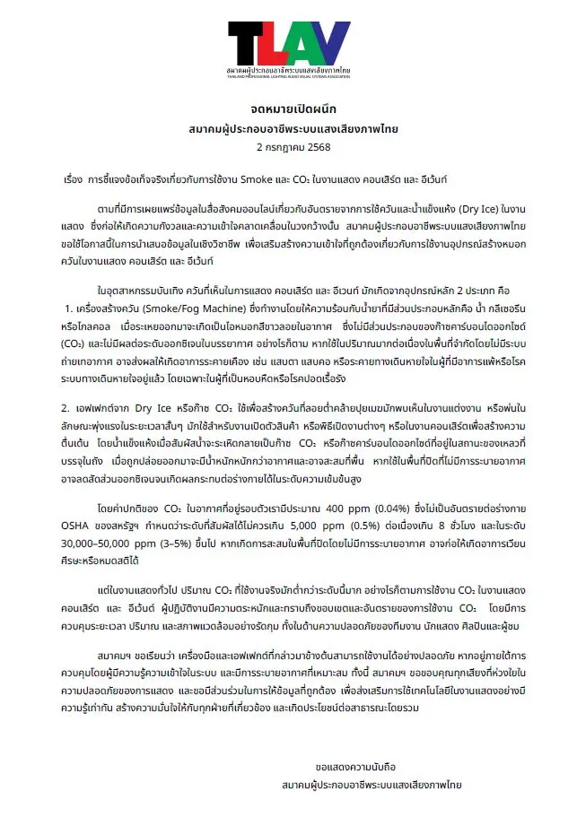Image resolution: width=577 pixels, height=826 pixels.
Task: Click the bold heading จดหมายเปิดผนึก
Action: (288, 109)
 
